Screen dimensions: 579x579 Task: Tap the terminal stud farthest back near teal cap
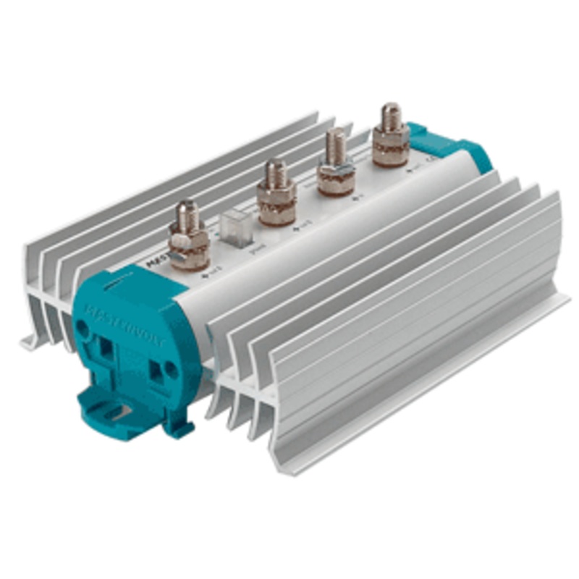point(391,116)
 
